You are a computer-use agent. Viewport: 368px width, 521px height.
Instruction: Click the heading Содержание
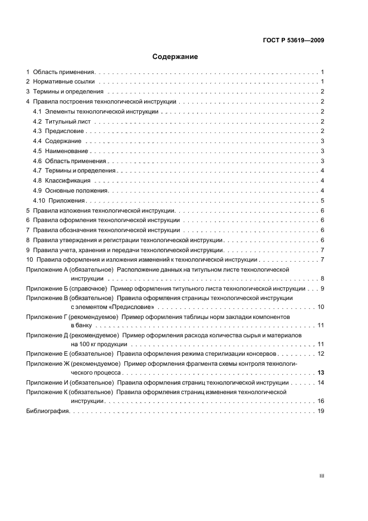point(175,57)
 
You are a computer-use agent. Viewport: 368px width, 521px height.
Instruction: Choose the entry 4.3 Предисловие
point(60,131)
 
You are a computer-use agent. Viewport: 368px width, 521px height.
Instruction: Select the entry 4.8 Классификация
point(62,181)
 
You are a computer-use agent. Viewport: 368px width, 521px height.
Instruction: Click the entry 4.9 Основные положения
point(70,190)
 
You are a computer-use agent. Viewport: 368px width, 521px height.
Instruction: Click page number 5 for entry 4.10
point(322,200)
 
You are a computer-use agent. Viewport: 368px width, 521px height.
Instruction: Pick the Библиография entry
point(47,411)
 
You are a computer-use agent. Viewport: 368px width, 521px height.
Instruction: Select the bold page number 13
point(321,372)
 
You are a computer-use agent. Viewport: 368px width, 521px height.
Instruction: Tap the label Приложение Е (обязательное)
point(69,353)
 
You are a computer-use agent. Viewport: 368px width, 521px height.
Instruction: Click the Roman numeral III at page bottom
point(321,476)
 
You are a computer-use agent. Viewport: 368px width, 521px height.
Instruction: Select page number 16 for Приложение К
point(321,401)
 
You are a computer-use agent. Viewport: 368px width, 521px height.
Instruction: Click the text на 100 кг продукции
point(99,344)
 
